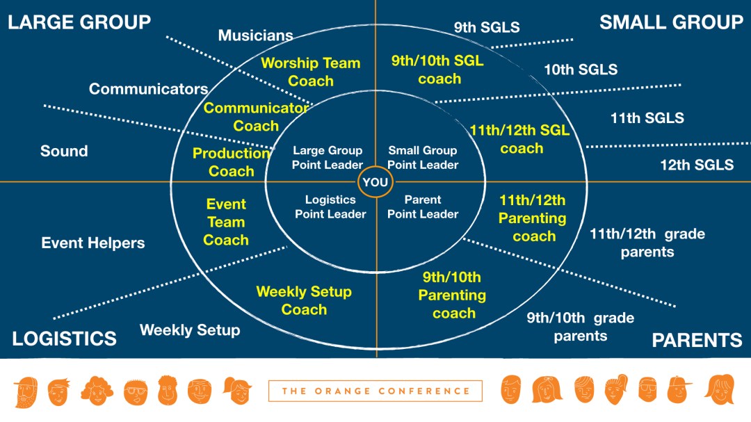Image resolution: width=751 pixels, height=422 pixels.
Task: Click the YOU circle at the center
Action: pos(375,182)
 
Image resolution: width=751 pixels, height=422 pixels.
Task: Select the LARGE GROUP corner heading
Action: pos(79,22)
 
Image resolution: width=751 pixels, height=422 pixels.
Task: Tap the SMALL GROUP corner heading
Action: pos(671,22)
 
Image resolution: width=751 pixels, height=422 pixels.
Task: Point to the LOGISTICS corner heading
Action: pos(64,339)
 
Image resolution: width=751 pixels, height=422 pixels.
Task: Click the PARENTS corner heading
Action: pos(697,340)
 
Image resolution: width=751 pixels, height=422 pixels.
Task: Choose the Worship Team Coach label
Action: pos(310,72)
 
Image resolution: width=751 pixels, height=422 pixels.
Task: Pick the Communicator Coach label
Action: pos(256,117)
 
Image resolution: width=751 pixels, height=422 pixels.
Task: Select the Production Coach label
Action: pos(232,162)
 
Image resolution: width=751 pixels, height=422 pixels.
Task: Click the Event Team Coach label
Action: pos(226,222)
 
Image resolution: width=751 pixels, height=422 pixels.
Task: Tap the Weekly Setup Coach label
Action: pos(304,300)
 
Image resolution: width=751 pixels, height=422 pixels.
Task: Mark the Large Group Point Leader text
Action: pos(327,158)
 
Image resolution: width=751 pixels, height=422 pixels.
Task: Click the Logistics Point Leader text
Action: pos(330,207)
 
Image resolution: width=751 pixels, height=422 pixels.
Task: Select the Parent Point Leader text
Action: pos(423,207)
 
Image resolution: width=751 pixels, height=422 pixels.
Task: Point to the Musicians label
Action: pos(255,35)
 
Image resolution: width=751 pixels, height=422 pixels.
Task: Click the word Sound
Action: pos(64,151)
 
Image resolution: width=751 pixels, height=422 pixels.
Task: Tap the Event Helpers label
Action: pos(93,243)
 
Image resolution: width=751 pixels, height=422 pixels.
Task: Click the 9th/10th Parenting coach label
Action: pos(452,295)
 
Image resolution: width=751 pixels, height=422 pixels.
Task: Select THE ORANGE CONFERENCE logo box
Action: pos(375,391)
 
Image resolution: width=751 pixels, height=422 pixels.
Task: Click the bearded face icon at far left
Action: pos(26,391)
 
